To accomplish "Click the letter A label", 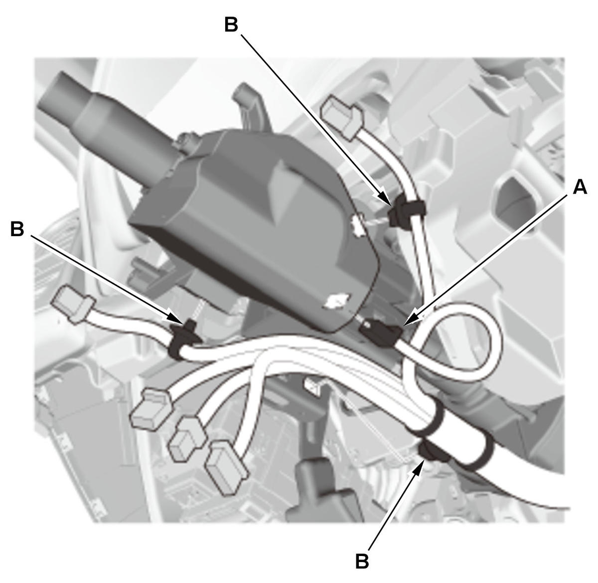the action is [x=580, y=187].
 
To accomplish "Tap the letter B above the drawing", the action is [x=231, y=24].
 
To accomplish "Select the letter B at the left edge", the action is [x=17, y=229].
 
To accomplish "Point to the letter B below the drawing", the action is [x=362, y=562].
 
